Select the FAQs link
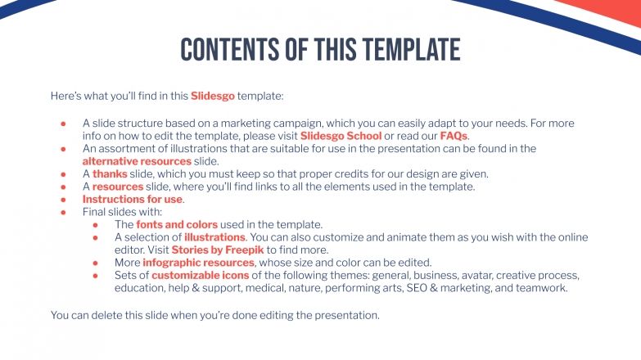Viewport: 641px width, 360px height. (x=454, y=136)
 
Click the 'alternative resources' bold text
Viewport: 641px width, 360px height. (x=137, y=161)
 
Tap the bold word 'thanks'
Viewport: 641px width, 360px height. (x=110, y=173)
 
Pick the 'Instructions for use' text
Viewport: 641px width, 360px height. (x=133, y=199)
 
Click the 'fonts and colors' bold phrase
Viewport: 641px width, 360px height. (x=177, y=224)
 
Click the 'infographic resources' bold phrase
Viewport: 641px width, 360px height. (x=198, y=263)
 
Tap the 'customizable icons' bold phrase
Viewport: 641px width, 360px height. (x=201, y=276)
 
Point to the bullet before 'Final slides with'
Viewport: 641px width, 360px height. (x=63, y=212)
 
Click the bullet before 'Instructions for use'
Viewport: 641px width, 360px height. (x=63, y=199)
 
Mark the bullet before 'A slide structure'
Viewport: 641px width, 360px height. (x=63, y=124)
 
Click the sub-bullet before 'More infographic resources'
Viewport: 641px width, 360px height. (x=96, y=263)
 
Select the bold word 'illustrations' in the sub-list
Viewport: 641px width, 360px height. (x=214, y=237)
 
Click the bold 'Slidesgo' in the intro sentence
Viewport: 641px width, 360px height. (x=213, y=96)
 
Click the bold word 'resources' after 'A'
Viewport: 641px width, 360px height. (x=118, y=187)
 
